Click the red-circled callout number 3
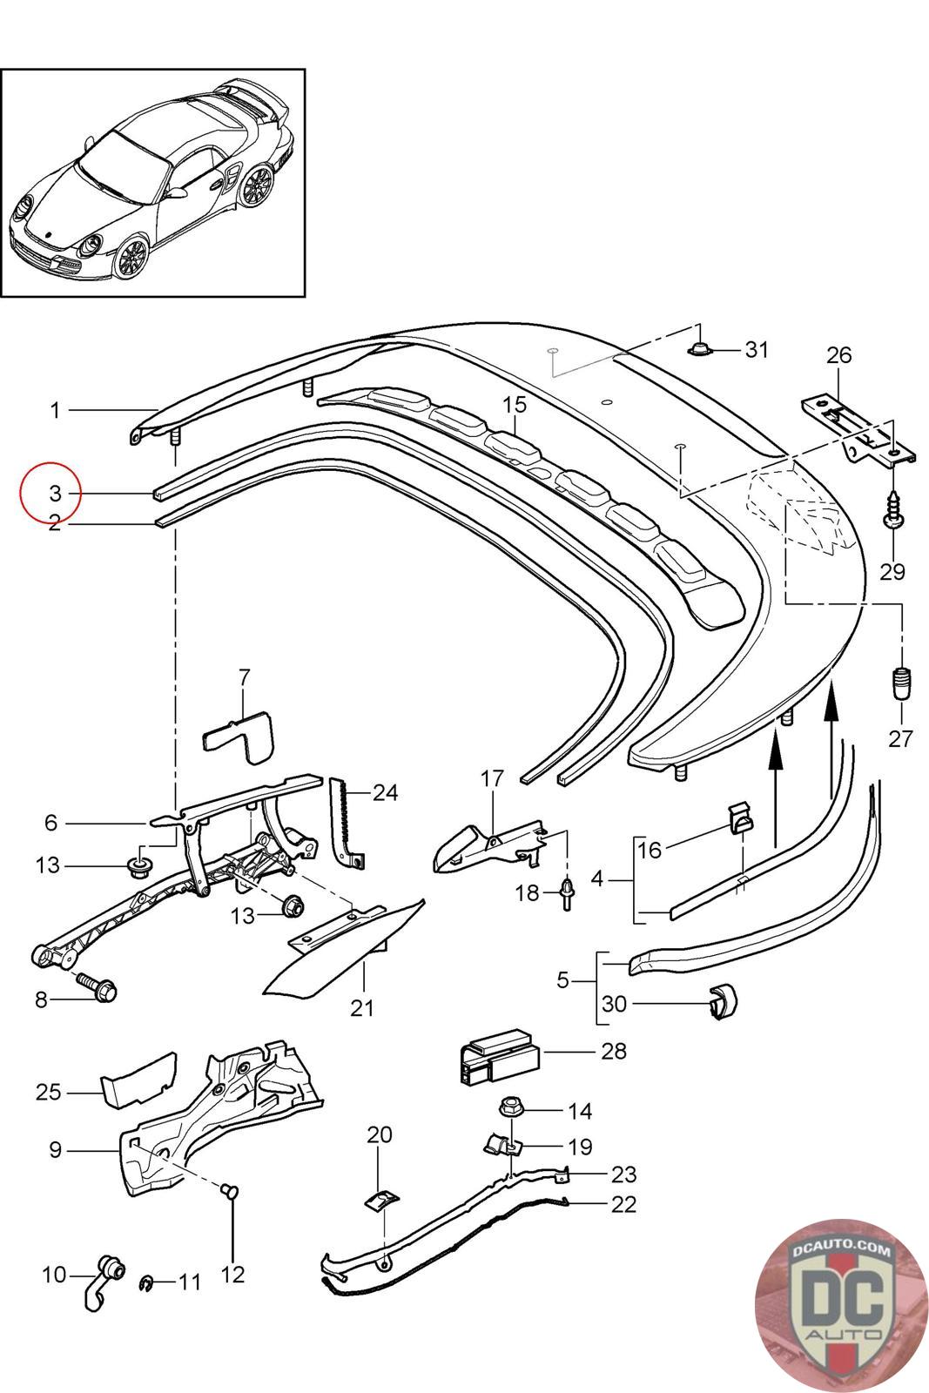pyautogui.click(x=56, y=493)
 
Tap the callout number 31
pyautogui.click(x=757, y=350)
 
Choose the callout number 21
pyautogui.click(x=362, y=1007)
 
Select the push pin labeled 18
pyautogui.click(x=567, y=893)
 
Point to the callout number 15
pyautogui.click(x=515, y=404)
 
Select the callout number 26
pyautogui.click(x=838, y=355)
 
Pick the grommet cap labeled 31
pyautogui.click(x=701, y=349)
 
